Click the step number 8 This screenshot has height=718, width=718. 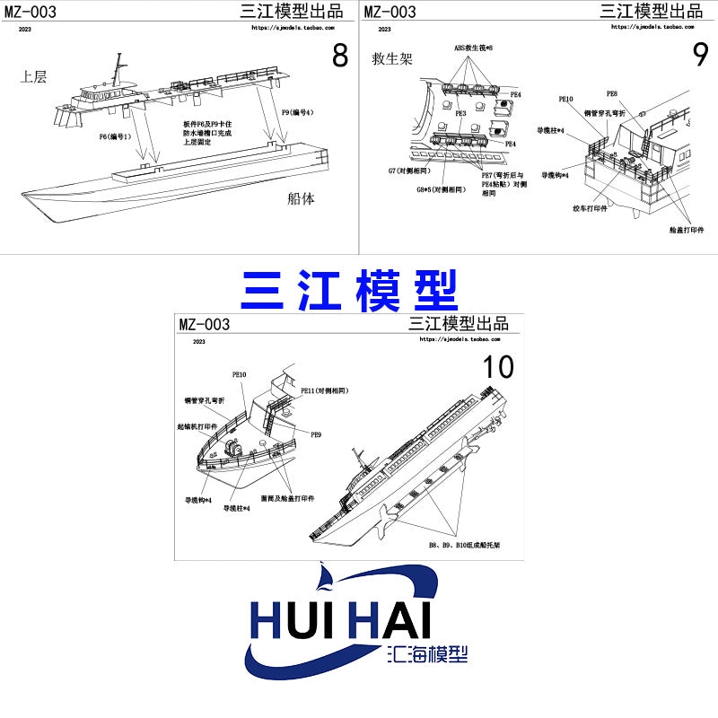339,56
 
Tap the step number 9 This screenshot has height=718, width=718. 701,56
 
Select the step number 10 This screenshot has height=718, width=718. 498,367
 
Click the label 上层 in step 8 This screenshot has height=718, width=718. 33,77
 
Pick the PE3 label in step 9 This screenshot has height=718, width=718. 460,114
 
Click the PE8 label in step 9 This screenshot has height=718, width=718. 611,93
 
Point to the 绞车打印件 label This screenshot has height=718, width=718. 591,207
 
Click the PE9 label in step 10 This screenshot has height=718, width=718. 316,434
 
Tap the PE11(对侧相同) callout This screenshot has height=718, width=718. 324,391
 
